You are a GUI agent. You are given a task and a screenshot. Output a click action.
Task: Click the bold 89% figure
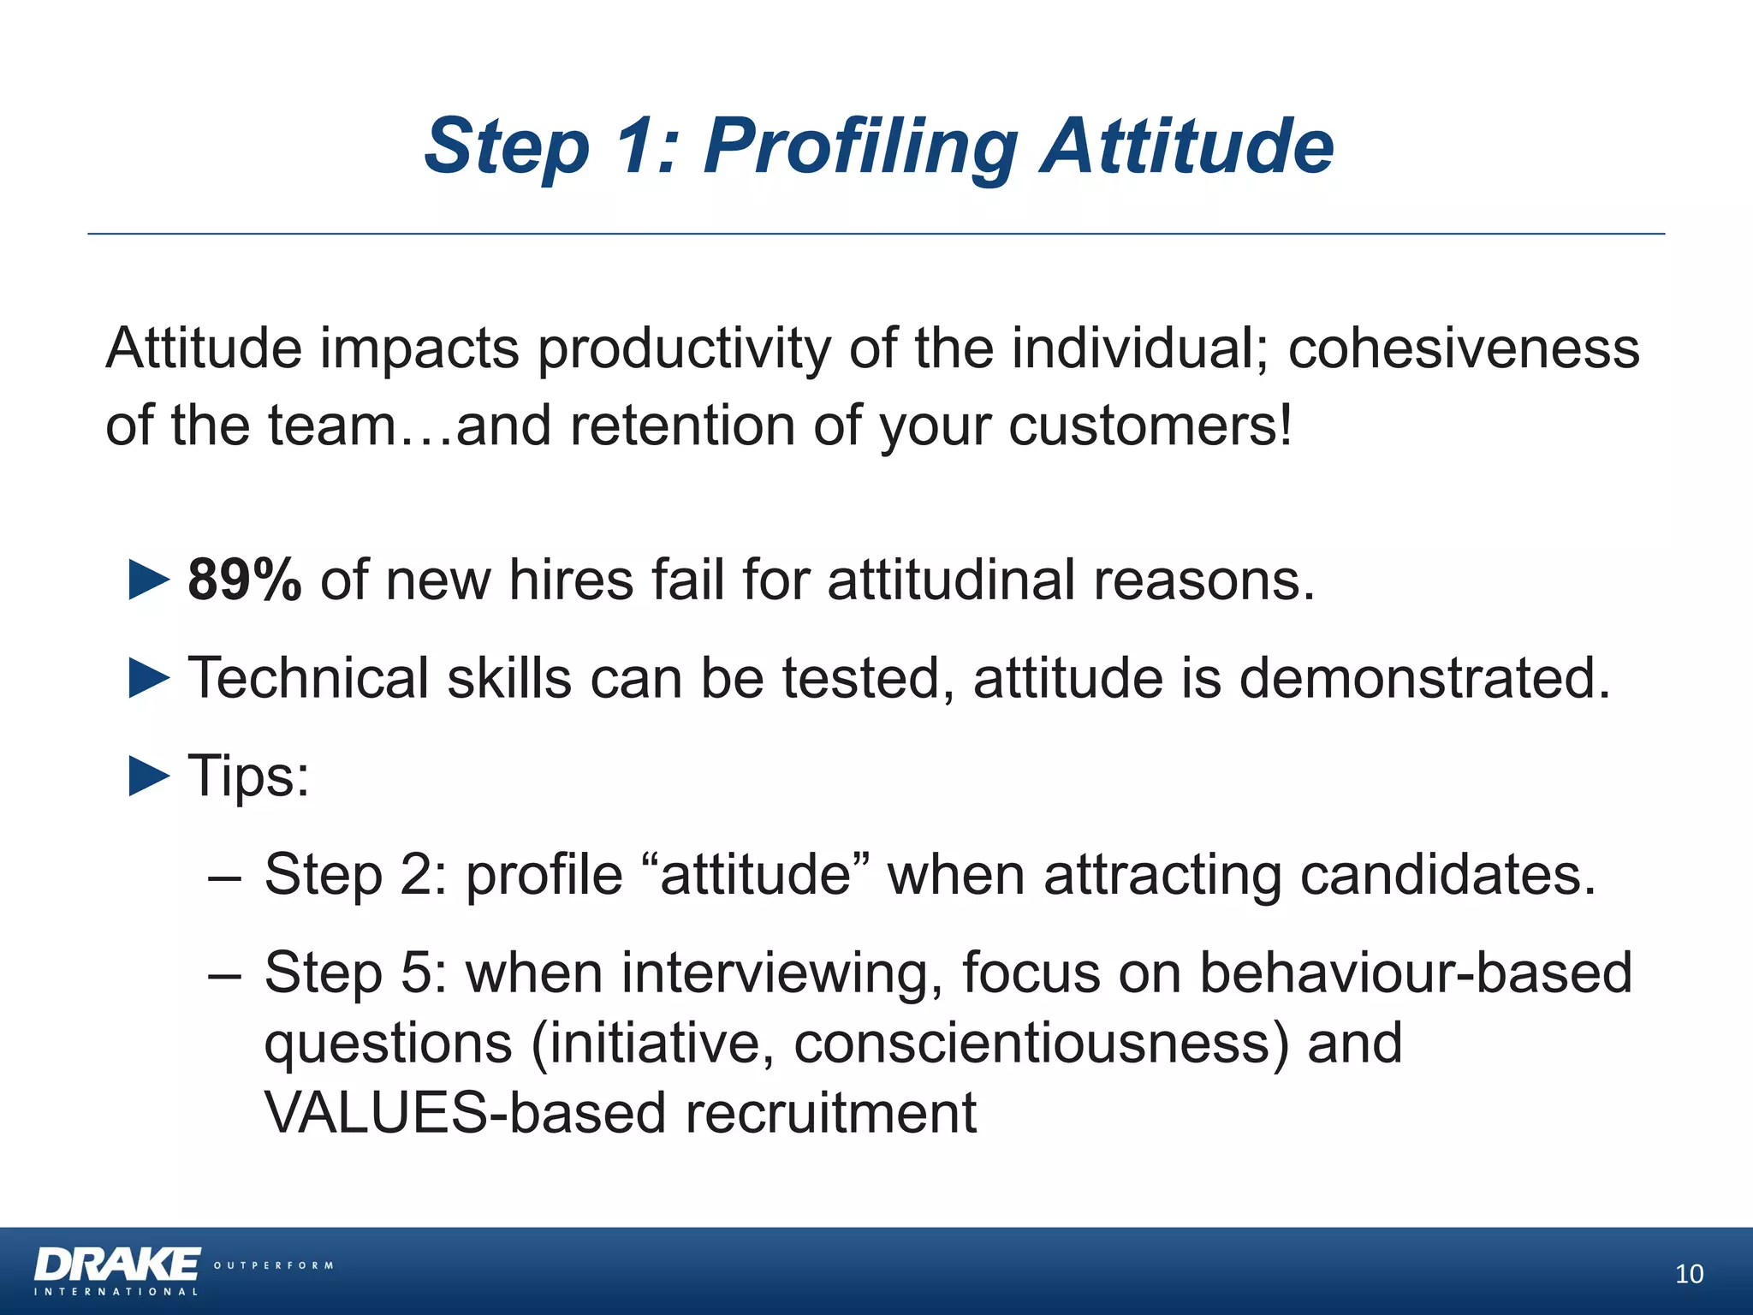pos(244,580)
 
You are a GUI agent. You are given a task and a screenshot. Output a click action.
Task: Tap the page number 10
pos(1689,1274)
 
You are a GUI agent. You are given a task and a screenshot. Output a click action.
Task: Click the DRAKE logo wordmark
pos(117,1264)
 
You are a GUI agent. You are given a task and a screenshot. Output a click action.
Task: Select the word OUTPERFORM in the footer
pos(273,1265)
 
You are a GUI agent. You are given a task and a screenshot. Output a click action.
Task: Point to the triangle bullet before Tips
pos(149,776)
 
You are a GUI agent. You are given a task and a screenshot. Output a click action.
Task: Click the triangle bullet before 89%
pos(149,580)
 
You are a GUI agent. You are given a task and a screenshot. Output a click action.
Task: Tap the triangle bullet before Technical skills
pos(149,678)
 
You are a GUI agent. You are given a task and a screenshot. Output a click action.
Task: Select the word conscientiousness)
pos(1041,1044)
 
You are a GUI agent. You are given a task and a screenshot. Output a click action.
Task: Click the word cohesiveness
pos(1463,348)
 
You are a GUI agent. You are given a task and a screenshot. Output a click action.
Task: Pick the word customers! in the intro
pos(1150,425)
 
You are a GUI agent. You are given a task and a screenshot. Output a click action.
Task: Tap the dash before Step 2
pos(224,877)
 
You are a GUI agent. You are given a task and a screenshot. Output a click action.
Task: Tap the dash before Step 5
pos(224,975)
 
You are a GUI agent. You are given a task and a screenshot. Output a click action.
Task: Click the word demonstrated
pos(1424,678)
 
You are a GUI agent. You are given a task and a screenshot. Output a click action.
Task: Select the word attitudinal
pos(951,580)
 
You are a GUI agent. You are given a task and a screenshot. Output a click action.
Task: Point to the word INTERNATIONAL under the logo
pos(116,1292)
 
